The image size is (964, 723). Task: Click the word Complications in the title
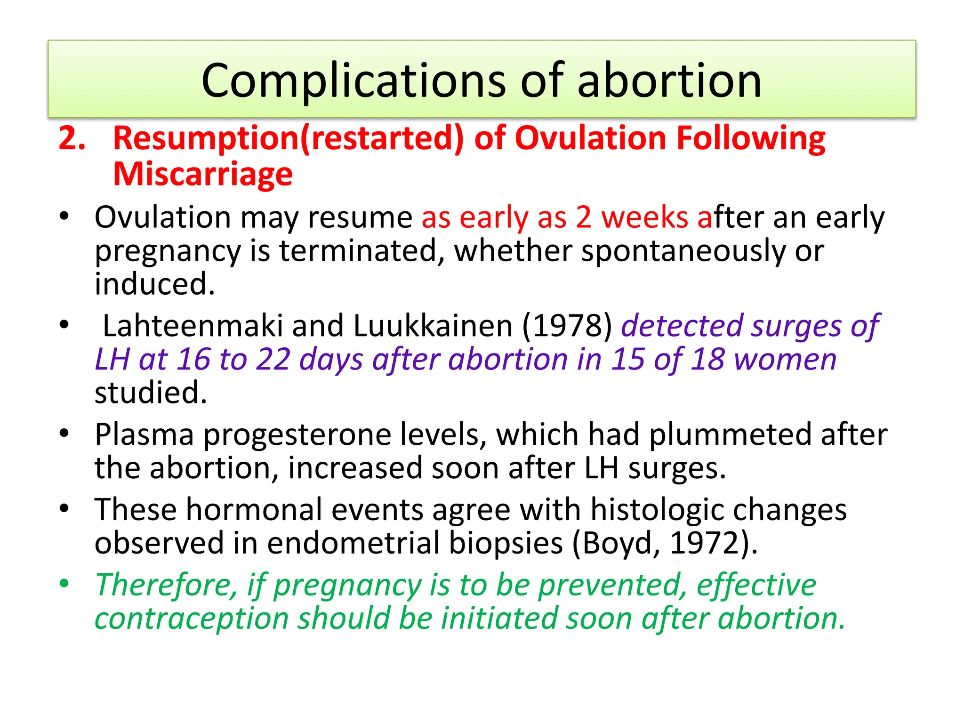(353, 81)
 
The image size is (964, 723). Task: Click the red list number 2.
(72, 138)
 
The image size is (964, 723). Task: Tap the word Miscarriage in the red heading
(202, 174)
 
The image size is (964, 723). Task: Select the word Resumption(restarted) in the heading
(289, 138)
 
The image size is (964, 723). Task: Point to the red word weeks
(644, 217)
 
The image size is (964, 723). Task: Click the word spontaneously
(683, 251)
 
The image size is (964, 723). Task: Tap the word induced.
(154, 284)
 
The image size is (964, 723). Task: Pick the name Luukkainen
(432, 326)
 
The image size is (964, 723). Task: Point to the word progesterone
(297, 434)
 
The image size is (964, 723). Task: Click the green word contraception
(192, 619)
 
